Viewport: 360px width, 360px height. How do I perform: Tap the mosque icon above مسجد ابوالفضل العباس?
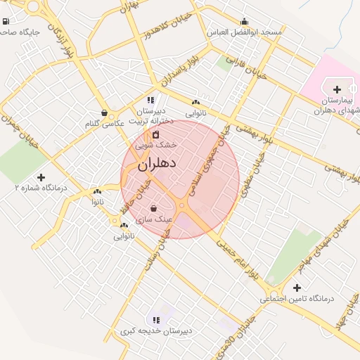click(244, 22)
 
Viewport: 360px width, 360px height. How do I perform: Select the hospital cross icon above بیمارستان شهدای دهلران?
click(337, 89)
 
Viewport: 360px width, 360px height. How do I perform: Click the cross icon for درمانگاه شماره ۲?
click(41, 177)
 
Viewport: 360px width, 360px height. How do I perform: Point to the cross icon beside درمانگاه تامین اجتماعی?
click(297, 288)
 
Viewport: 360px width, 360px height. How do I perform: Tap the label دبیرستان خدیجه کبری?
click(155, 330)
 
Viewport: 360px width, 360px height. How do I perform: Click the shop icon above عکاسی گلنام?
click(104, 112)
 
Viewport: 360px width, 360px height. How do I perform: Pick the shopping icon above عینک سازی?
click(154, 208)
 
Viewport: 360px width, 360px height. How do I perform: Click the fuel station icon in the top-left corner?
click(6, 20)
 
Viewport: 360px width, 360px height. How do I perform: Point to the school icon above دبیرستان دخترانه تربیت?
click(150, 100)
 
